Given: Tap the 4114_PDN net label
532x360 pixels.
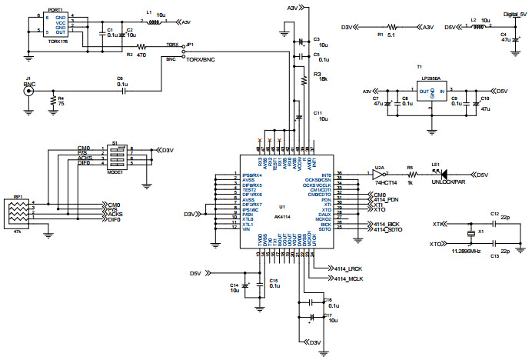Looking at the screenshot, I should pos(386,201).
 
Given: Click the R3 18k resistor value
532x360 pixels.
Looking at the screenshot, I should pos(323,80).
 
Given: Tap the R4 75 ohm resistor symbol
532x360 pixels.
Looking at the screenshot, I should pos(52,101).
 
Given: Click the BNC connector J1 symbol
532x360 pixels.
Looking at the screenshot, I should pos(29,91).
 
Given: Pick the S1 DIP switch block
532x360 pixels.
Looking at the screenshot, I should pos(115,155).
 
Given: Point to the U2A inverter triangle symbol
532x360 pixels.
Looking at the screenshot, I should pos(379,175).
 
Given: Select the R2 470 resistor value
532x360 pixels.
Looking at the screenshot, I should pos(141,55).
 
